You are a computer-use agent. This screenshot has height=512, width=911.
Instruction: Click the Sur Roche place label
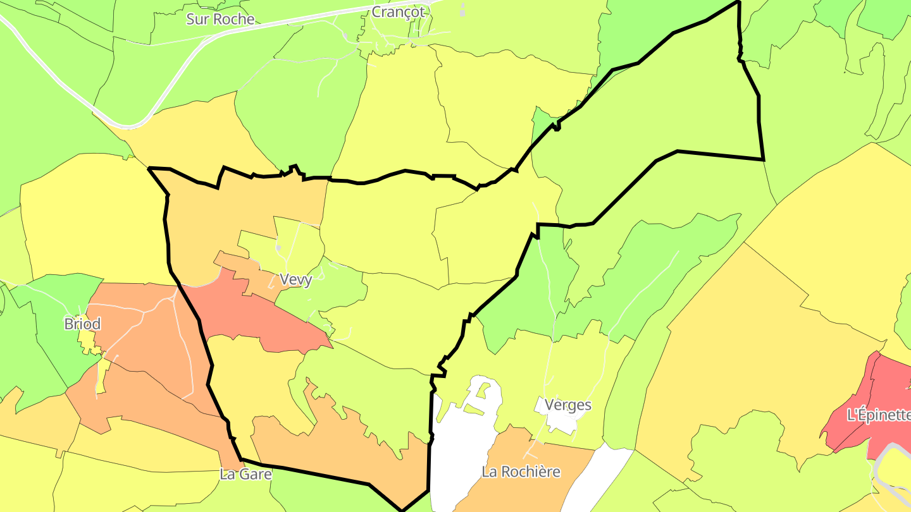point(220,19)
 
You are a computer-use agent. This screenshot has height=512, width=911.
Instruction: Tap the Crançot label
point(398,12)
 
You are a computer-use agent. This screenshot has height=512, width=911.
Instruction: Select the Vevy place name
point(295,279)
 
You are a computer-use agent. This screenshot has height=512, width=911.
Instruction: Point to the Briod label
point(82,324)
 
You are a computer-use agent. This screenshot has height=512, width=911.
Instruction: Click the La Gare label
point(245,473)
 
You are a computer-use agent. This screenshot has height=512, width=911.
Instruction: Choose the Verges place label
point(568,405)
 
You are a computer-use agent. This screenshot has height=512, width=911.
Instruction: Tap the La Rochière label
point(521,472)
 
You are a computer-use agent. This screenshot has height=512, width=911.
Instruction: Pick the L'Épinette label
point(878,415)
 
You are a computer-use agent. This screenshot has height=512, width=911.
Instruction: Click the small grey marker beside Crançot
point(462,10)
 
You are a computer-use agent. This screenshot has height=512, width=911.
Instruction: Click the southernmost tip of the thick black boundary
point(402,509)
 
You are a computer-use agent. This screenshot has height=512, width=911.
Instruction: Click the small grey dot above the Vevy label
point(278,247)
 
